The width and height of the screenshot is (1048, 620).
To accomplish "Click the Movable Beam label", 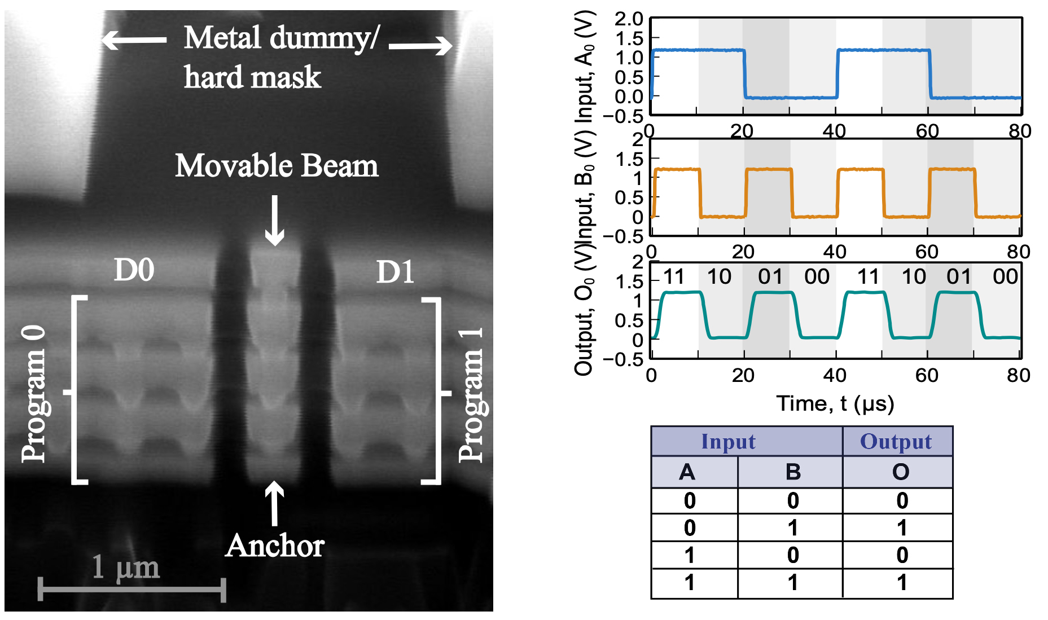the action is point(277,166).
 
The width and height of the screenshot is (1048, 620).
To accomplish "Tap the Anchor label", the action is point(275,546).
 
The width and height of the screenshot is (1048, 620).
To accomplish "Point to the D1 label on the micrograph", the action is point(395,272).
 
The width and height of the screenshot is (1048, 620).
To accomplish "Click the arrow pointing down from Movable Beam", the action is point(275,221).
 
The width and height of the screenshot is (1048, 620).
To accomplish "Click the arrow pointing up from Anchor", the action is point(275,503).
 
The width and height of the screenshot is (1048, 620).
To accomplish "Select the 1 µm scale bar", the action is point(132,590).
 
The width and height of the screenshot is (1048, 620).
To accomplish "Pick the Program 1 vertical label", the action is point(471,394).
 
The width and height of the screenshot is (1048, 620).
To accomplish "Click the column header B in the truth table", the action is point(792,472).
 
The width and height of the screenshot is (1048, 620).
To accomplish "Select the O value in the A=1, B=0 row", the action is point(902,555).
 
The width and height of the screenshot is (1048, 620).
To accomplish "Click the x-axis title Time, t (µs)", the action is point(835,403).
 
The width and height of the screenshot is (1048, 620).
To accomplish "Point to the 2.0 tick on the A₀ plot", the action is point(629,19).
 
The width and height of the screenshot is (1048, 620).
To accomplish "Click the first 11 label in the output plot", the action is point(673,276).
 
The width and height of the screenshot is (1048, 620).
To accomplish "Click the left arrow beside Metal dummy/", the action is point(134,39).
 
